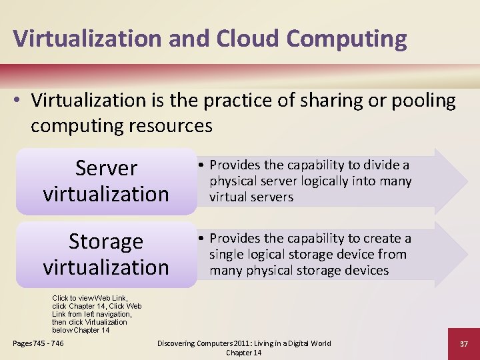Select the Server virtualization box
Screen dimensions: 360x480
coord(106,181)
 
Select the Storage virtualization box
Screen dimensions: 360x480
coord(106,255)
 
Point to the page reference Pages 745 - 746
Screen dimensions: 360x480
coord(39,343)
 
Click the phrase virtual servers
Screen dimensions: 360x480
coord(251,197)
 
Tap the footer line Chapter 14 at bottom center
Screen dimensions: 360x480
coord(244,353)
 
